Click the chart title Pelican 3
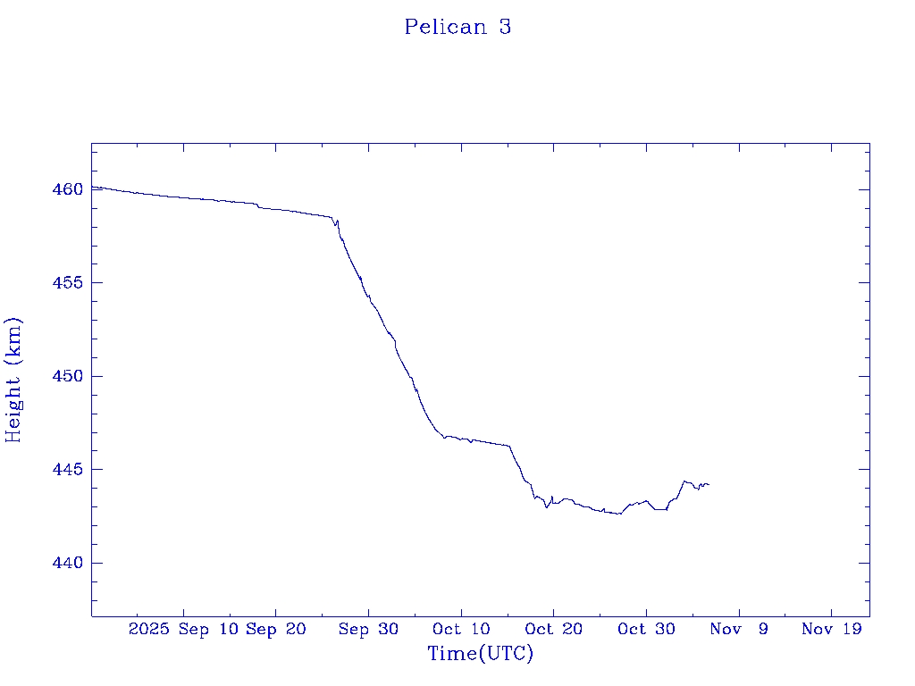[x=457, y=27]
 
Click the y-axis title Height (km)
[x=13, y=380]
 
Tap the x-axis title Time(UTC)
[x=480, y=654]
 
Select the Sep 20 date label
[x=275, y=630]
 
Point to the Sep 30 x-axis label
[x=368, y=630]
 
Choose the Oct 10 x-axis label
[x=460, y=630]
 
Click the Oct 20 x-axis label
[x=553, y=630]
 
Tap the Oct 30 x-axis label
[x=646, y=630]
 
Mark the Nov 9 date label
[x=740, y=630]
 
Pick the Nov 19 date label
[x=831, y=630]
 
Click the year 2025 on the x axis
[x=148, y=630]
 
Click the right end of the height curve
[x=709, y=484]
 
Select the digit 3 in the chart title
[x=505, y=27]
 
